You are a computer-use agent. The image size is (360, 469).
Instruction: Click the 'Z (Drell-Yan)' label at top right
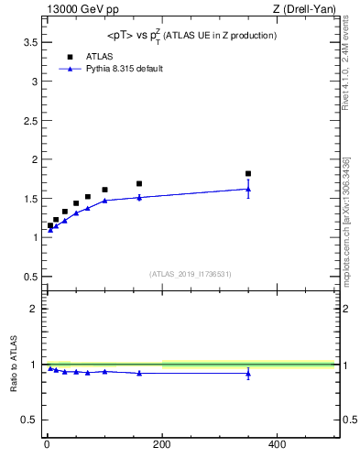(x=304, y=9)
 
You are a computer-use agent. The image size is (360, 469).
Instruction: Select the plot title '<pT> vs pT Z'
(x=191, y=35)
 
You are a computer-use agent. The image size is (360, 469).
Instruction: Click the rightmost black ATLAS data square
(x=248, y=173)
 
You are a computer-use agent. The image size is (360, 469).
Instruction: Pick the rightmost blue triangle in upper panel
(x=248, y=189)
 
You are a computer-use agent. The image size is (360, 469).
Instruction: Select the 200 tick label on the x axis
(x=162, y=444)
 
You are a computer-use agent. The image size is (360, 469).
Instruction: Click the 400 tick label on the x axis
(x=277, y=444)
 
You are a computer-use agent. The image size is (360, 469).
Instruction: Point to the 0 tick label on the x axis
(x=47, y=444)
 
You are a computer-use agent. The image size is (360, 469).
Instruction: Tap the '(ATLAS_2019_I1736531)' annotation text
(x=191, y=273)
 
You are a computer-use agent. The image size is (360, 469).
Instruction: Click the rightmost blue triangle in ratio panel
(x=248, y=373)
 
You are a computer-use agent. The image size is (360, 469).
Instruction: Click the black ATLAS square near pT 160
(x=139, y=183)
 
